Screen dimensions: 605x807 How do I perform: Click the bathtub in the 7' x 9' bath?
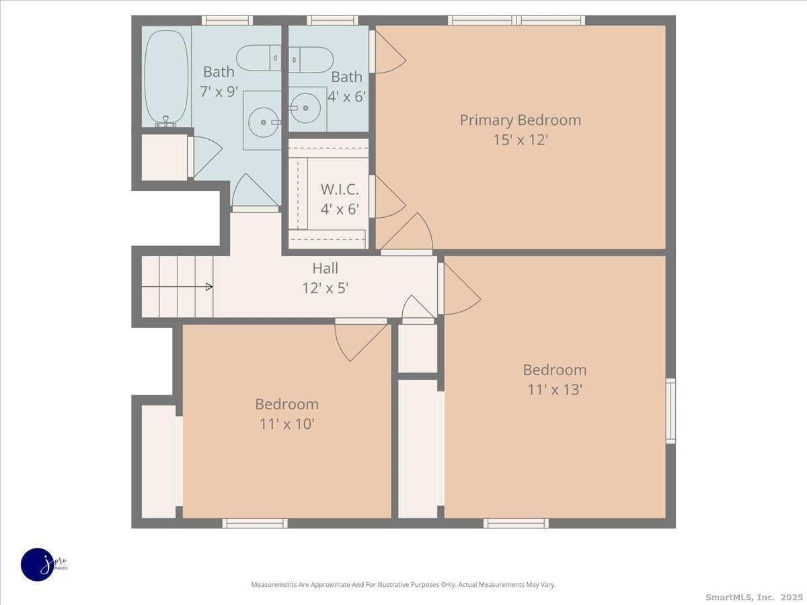tap(166, 75)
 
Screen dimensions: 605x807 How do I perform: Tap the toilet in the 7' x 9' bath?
tap(258, 58)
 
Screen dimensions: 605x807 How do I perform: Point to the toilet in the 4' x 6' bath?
tap(311, 59)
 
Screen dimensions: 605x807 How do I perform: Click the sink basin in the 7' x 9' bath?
tap(262, 121)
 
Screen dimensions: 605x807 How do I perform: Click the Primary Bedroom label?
tap(520, 120)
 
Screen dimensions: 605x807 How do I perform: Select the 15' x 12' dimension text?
tap(520, 140)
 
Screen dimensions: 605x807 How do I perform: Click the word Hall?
tap(325, 268)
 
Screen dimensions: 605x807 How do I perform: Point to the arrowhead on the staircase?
tap(209, 287)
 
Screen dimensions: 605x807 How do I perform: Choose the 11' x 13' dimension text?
tap(554, 390)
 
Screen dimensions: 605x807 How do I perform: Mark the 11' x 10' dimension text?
tap(286, 424)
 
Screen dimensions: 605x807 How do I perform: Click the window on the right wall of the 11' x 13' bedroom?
tap(670, 411)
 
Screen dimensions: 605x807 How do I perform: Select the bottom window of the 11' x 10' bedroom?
tap(255, 523)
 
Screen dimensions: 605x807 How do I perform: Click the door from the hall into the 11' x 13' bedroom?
tap(459, 290)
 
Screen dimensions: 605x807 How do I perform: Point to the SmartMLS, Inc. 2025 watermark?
tap(753, 597)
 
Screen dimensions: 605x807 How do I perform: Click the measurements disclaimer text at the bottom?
tap(403, 585)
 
